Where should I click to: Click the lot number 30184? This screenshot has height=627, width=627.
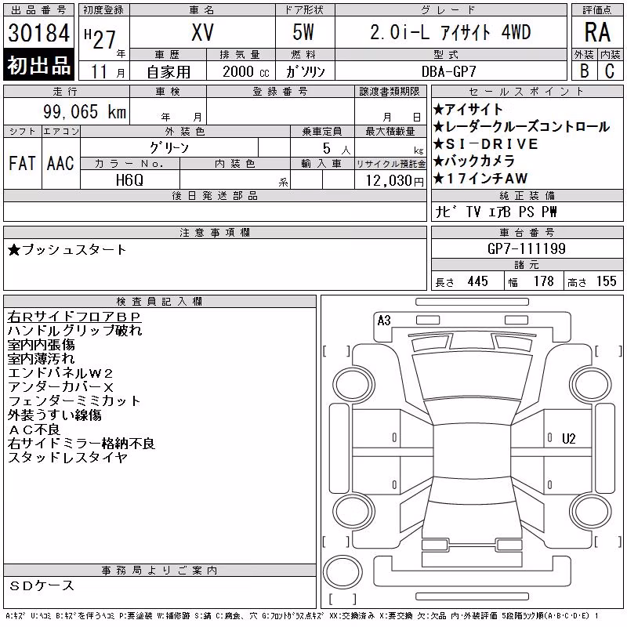point(38,33)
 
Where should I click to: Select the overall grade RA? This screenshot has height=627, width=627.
point(597,32)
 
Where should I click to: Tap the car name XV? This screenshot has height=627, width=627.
point(202,32)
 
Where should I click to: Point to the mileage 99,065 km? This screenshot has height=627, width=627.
point(85,111)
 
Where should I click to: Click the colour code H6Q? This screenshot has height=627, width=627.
point(129,180)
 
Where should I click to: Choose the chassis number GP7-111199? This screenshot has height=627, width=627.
point(527,248)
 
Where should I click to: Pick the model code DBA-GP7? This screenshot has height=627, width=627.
point(448,71)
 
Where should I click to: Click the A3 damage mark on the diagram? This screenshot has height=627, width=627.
point(384,321)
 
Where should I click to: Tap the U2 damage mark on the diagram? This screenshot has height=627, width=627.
point(569,439)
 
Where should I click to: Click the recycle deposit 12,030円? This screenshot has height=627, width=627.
point(395,181)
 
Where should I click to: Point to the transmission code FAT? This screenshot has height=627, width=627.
point(22,163)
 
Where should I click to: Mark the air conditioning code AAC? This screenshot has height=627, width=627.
point(60,163)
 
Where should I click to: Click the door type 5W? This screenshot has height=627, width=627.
point(303,32)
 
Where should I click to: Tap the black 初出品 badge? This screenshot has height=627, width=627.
point(38,65)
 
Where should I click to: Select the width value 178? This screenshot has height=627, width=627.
point(543,281)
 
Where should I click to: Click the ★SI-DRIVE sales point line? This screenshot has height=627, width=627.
point(486,144)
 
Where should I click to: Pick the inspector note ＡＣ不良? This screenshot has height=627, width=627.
point(34,429)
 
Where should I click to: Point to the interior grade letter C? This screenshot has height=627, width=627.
point(610,71)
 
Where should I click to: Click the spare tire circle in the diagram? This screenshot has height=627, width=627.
point(342,572)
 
